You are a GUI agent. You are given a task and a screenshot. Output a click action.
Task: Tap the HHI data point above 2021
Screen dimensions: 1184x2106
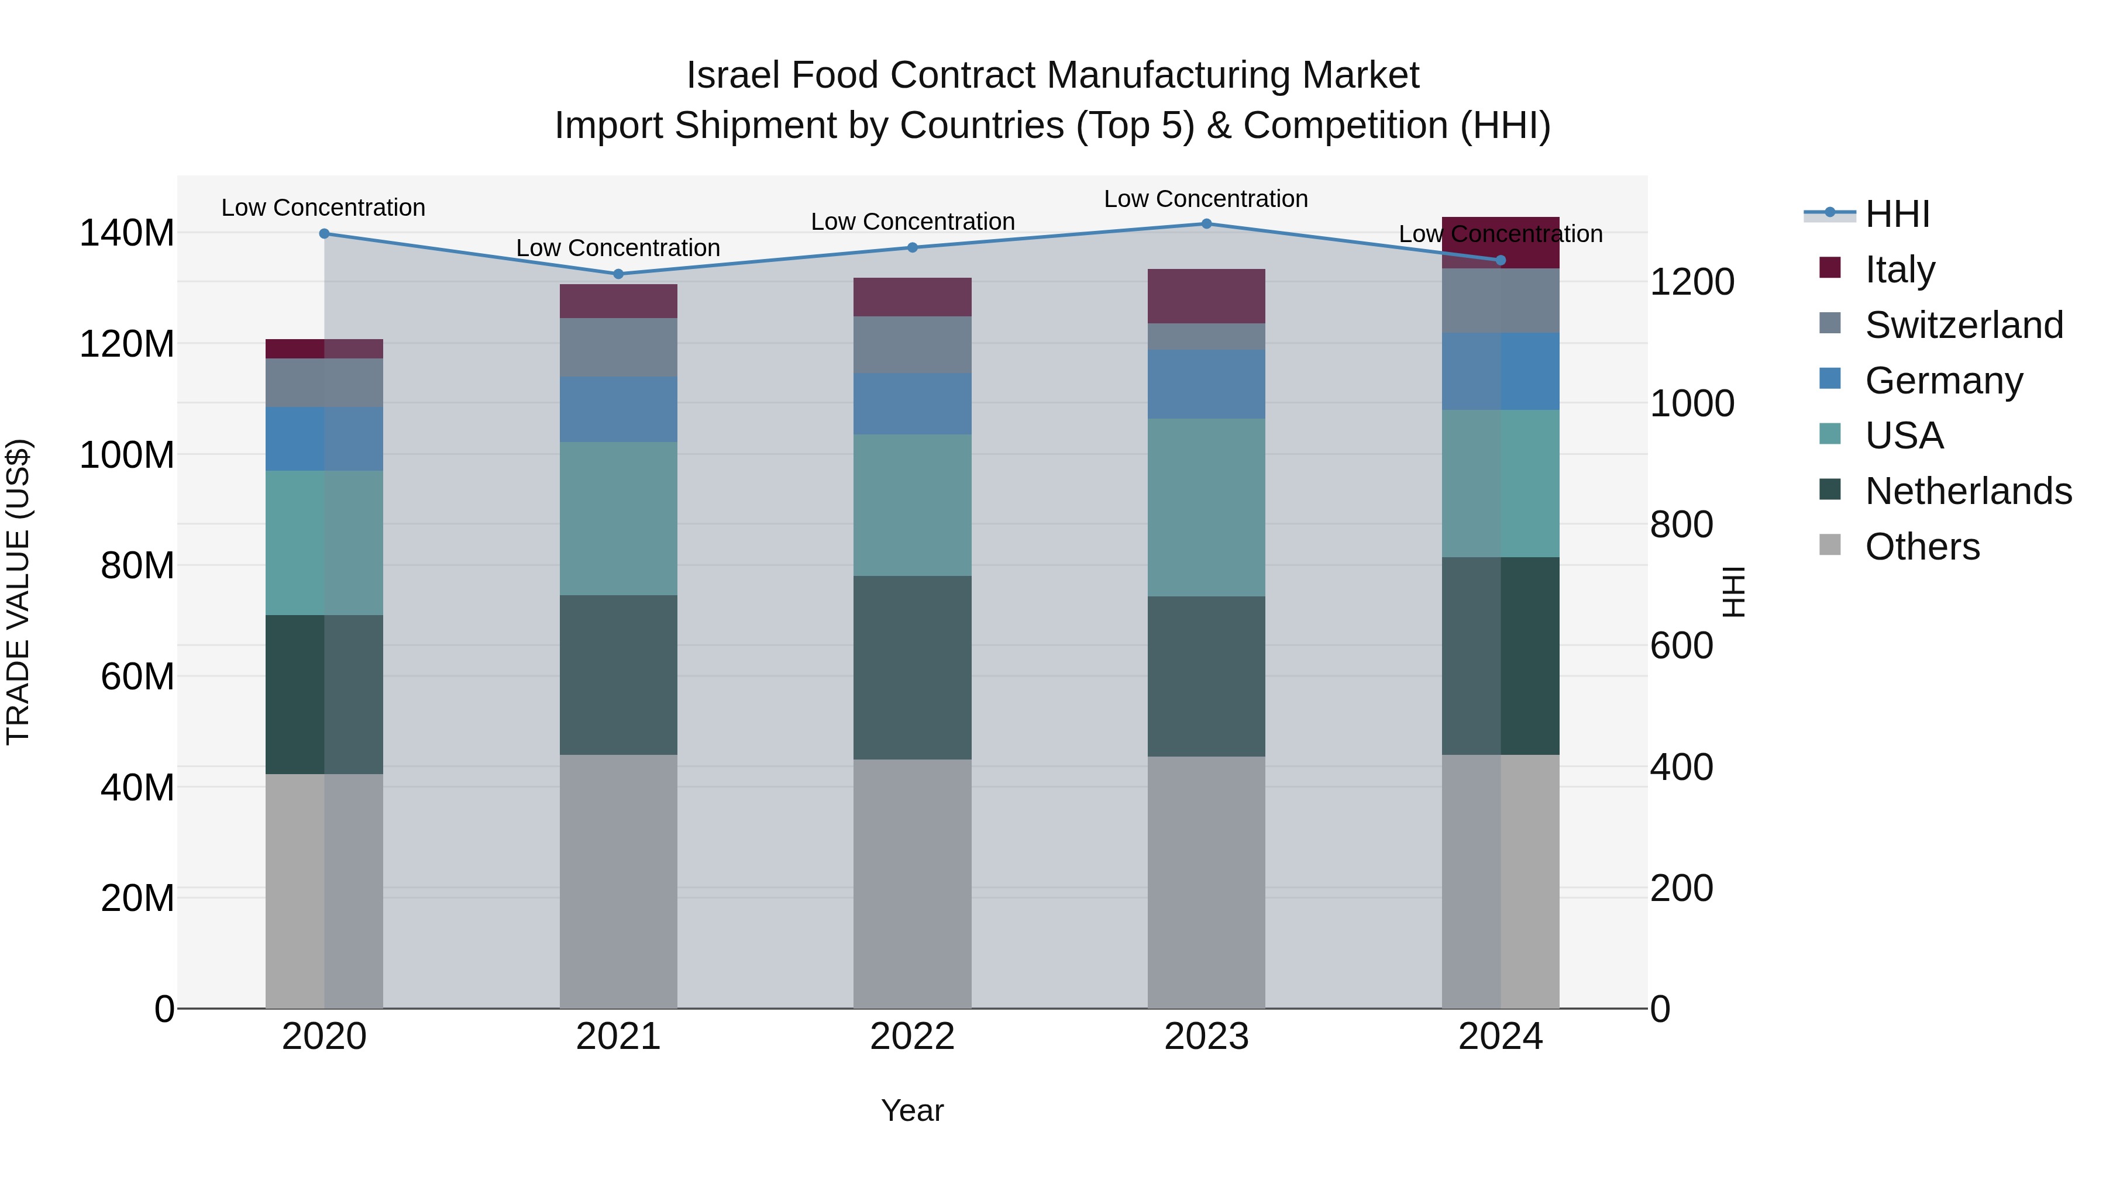point(618,274)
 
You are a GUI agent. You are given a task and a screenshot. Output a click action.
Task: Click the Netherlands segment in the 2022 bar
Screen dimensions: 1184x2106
point(913,668)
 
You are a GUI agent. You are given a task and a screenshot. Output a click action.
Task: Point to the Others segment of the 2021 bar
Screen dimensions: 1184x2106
point(618,881)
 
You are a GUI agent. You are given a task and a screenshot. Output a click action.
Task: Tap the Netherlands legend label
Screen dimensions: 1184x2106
point(1968,491)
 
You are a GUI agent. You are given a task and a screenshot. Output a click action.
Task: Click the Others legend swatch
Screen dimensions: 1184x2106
point(1830,545)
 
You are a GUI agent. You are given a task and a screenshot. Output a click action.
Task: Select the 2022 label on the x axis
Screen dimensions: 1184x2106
point(913,1037)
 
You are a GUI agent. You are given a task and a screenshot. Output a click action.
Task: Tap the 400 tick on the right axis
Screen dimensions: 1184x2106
point(1681,767)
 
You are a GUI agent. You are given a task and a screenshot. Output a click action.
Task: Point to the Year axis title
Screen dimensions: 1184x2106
point(913,1110)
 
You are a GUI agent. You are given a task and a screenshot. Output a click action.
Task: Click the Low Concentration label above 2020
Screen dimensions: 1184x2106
point(324,208)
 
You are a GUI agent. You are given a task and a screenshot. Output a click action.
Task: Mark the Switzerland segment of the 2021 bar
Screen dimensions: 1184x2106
point(618,347)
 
